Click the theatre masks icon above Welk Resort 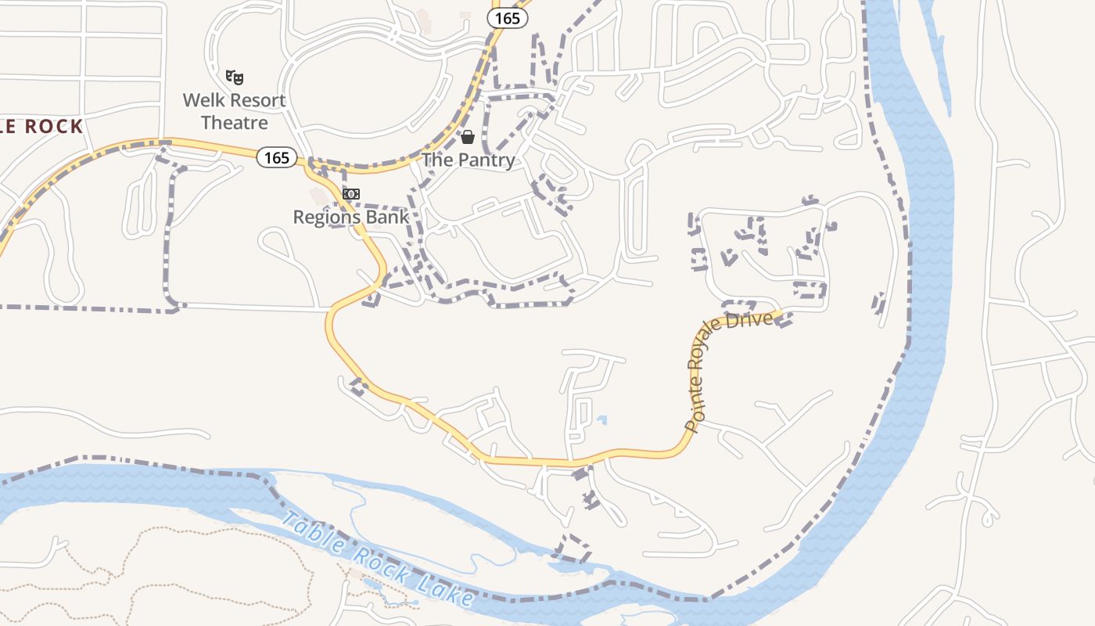(x=235, y=77)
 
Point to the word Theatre (x=235, y=123)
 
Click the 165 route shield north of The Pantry (x=508, y=18)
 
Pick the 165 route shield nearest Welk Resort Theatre (x=276, y=158)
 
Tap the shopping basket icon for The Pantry (x=468, y=138)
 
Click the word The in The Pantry (x=438, y=160)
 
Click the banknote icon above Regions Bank (x=351, y=194)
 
